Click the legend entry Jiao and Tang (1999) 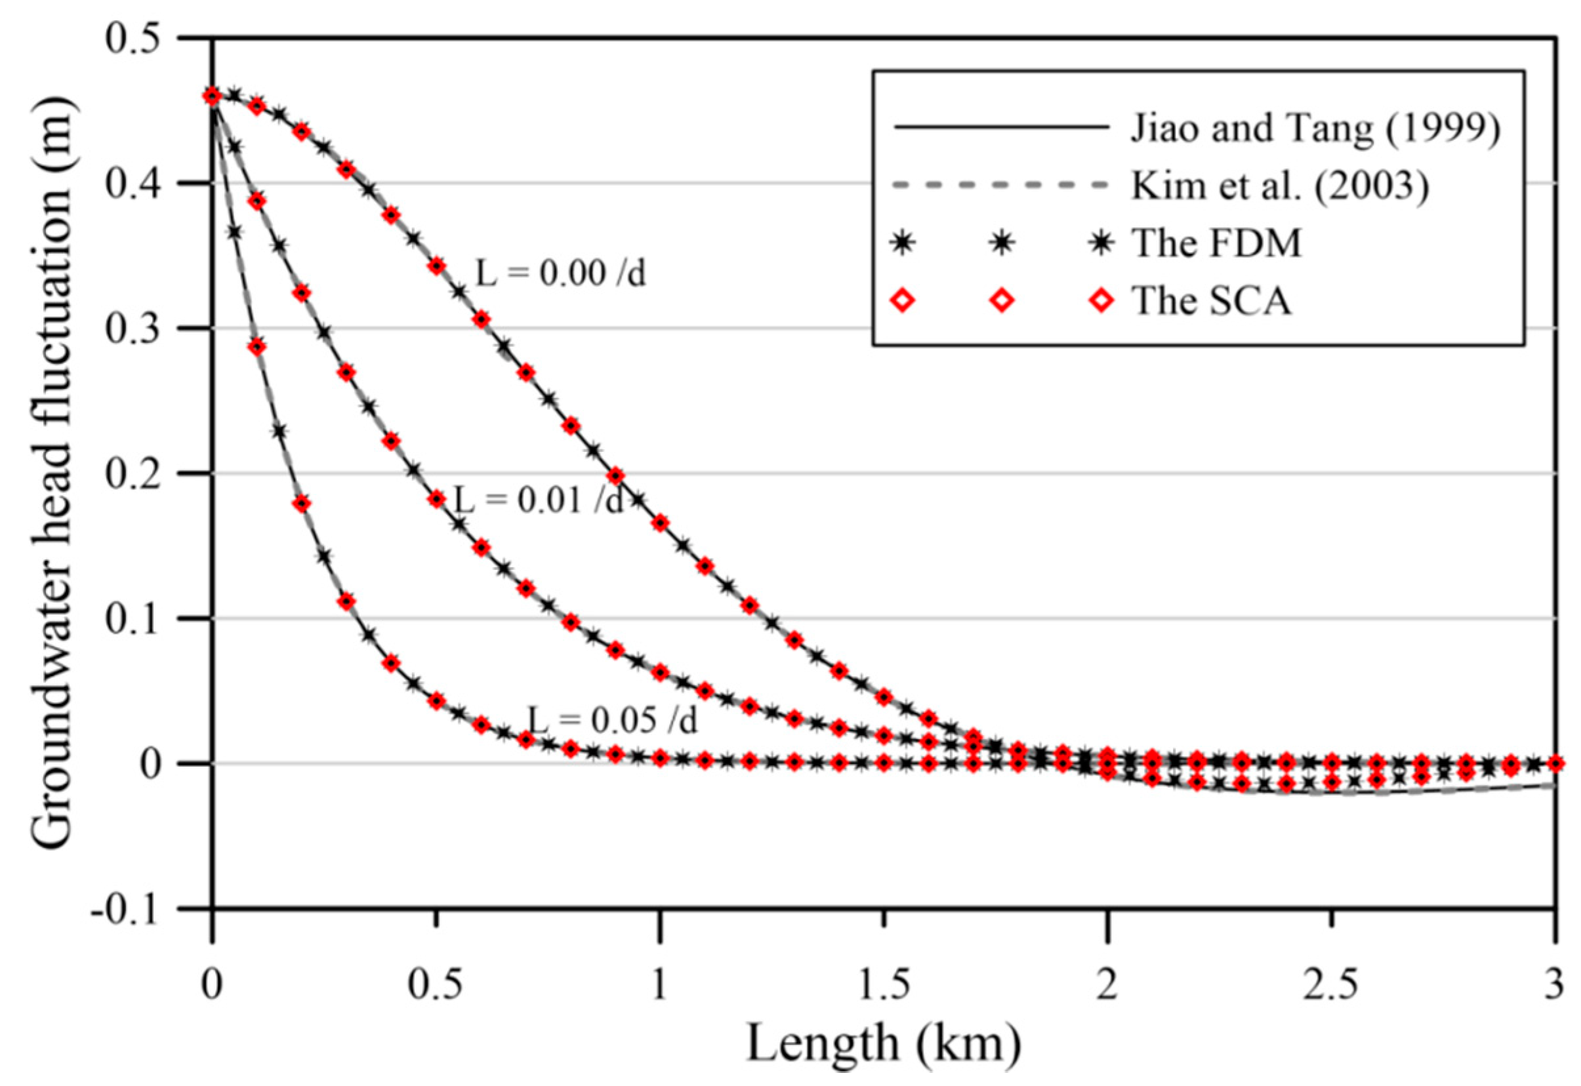tap(1314, 128)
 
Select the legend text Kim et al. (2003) tap(1279, 185)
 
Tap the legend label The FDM tap(1216, 243)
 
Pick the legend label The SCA tap(1212, 301)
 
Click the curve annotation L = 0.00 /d tap(560, 273)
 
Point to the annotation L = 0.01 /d tap(538, 501)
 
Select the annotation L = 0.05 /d tap(613, 720)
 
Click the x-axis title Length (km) tap(884, 1045)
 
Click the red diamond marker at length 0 tap(212, 96)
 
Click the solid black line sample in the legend tap(1000, 127)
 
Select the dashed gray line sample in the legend tap(1000, 185)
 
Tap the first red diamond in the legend tap(903, 301)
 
